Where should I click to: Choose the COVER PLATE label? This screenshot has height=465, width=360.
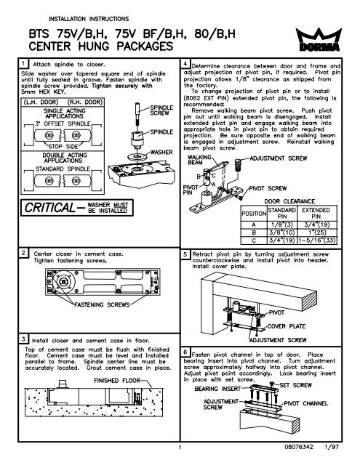click(292, 325)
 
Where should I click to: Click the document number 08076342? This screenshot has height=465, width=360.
click(294, 457)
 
